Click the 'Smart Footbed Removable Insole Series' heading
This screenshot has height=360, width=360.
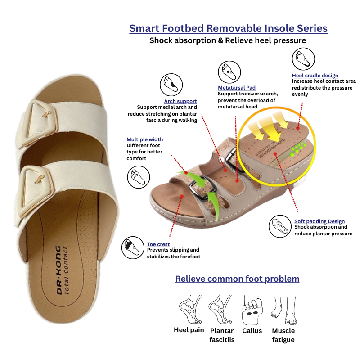coord(228,29)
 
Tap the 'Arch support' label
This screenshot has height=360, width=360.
coord(180,101)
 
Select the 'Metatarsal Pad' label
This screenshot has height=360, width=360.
coord(237,87)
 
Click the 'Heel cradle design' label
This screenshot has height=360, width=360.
coord(315,76)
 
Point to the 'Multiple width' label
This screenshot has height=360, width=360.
coord(144,139)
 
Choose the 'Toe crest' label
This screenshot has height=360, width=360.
coord(158,244)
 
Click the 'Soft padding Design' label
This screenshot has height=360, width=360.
coord(319,221)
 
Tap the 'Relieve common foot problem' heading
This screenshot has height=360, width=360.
coord(237,279)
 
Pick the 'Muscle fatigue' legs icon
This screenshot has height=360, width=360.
coord(283,310)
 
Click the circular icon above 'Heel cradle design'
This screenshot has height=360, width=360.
coord(303,59)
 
